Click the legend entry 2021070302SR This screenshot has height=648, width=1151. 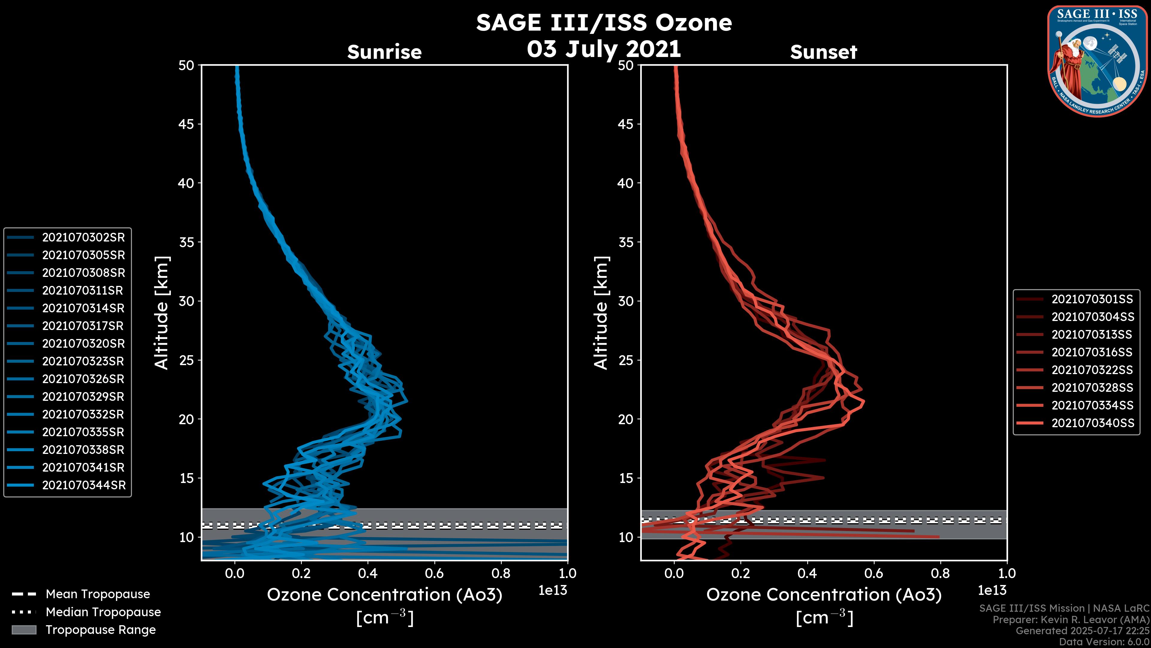(x=83, y=238)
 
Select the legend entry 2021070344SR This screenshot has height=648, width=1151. (x=84, y=485)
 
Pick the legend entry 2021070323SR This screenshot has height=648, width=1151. (x=83, y=361)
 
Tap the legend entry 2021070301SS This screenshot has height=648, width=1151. (x=1093, y=299)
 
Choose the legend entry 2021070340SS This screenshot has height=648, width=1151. (x=1093, y=423)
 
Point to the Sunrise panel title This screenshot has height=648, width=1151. (x=384, y=52)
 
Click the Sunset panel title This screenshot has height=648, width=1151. (x=823, y=52)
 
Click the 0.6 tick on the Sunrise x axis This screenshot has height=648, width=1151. (x=434, y=573)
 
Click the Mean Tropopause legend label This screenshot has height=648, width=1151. (x=97, y=594)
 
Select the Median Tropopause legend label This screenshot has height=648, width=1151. (x=103, y=612)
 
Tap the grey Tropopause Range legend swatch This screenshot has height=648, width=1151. (x=24, y=630)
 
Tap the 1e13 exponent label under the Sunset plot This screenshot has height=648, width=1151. (x=992, y=590)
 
